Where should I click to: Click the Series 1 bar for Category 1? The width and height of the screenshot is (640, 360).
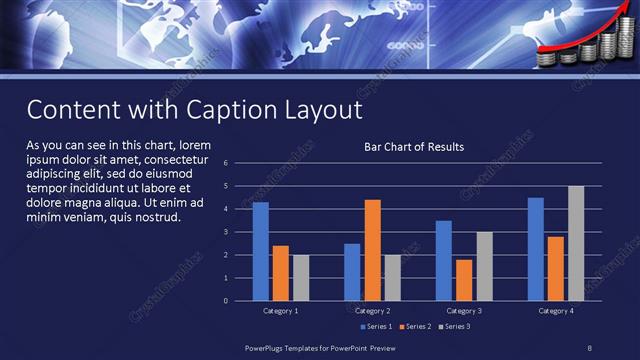260,251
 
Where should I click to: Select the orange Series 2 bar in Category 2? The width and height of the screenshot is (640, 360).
372,250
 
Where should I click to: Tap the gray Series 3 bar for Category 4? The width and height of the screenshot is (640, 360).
575,243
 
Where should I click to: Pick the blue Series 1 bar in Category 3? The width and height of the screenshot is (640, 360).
444,260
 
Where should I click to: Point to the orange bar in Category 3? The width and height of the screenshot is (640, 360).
464,280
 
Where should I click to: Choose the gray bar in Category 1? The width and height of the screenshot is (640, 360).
301,277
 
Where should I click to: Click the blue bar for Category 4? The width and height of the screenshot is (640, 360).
535,249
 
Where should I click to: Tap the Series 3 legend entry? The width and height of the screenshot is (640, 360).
454,326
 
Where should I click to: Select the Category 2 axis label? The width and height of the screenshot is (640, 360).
372,311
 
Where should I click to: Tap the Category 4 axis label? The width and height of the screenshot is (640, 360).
555,311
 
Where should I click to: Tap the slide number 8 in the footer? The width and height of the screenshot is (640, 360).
589,346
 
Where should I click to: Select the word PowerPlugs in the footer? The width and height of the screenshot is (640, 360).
269,346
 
